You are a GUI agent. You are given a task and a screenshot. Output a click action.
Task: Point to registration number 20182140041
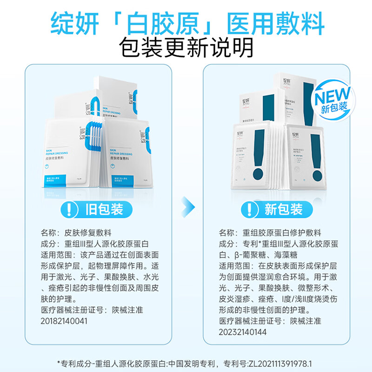point(64,321)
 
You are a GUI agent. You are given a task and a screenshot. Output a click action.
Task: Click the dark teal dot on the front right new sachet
point(318,176)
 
